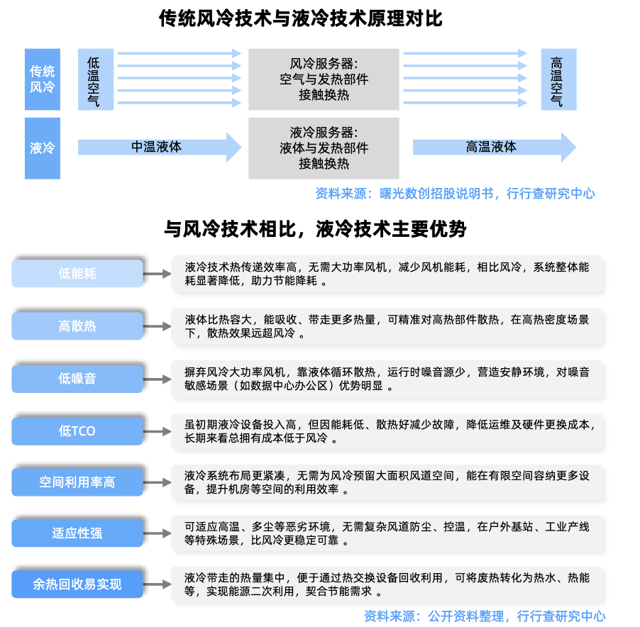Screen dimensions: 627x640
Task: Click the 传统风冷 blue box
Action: tap(43, 79)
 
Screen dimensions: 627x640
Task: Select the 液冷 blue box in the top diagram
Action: tap(43, 148)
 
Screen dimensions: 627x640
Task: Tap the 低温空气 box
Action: tap(95, 79)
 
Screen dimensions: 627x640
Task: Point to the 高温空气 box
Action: tap(558, 79)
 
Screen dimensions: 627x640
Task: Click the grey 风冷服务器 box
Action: tap(324, 79)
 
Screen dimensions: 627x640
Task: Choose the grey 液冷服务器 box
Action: tap(324, 148)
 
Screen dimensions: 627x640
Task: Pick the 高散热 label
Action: tap(77, 326)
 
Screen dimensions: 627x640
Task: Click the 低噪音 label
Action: tap(77, 379)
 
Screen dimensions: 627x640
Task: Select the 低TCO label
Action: tap(77, 431)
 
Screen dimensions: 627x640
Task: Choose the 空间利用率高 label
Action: tap(77, 482)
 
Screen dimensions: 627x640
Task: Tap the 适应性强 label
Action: tap(77, 533)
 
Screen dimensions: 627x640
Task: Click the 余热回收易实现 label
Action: tap(77, 584)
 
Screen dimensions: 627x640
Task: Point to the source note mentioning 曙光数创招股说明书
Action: tap(455, 194)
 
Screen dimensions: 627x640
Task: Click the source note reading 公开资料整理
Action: tap(485, 616)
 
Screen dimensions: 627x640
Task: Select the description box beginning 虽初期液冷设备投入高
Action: tap(387, 431)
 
